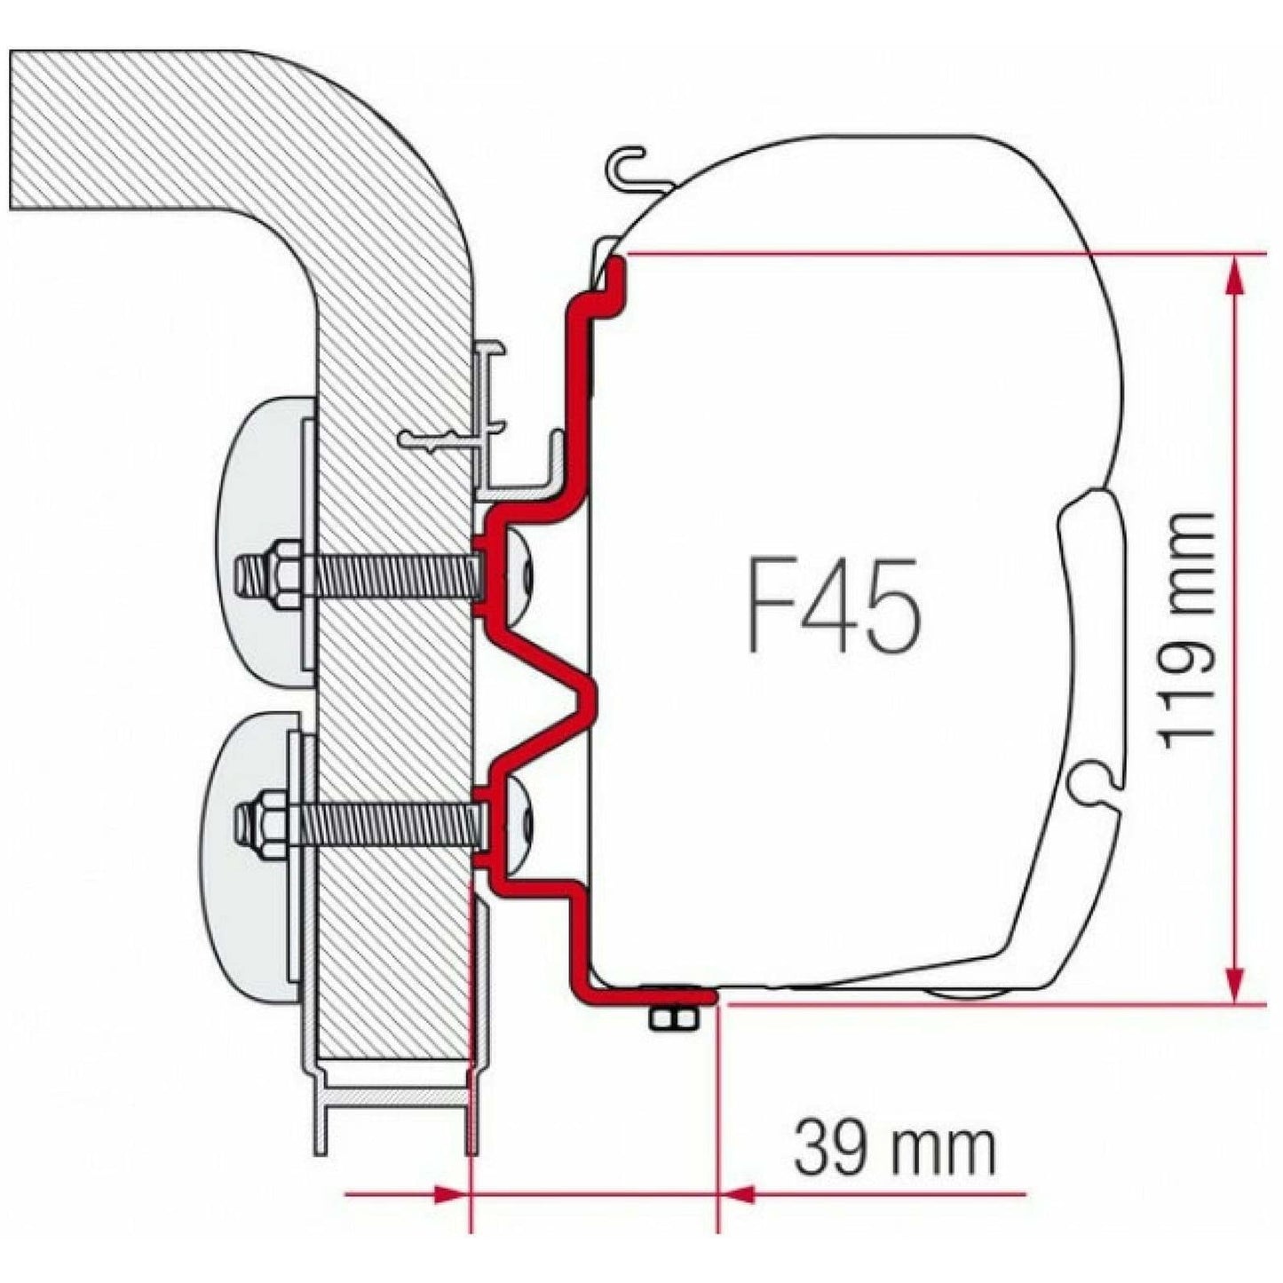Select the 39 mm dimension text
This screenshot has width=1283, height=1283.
tap(894, 1148)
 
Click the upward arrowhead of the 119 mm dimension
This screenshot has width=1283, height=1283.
tap(1233, 275)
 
